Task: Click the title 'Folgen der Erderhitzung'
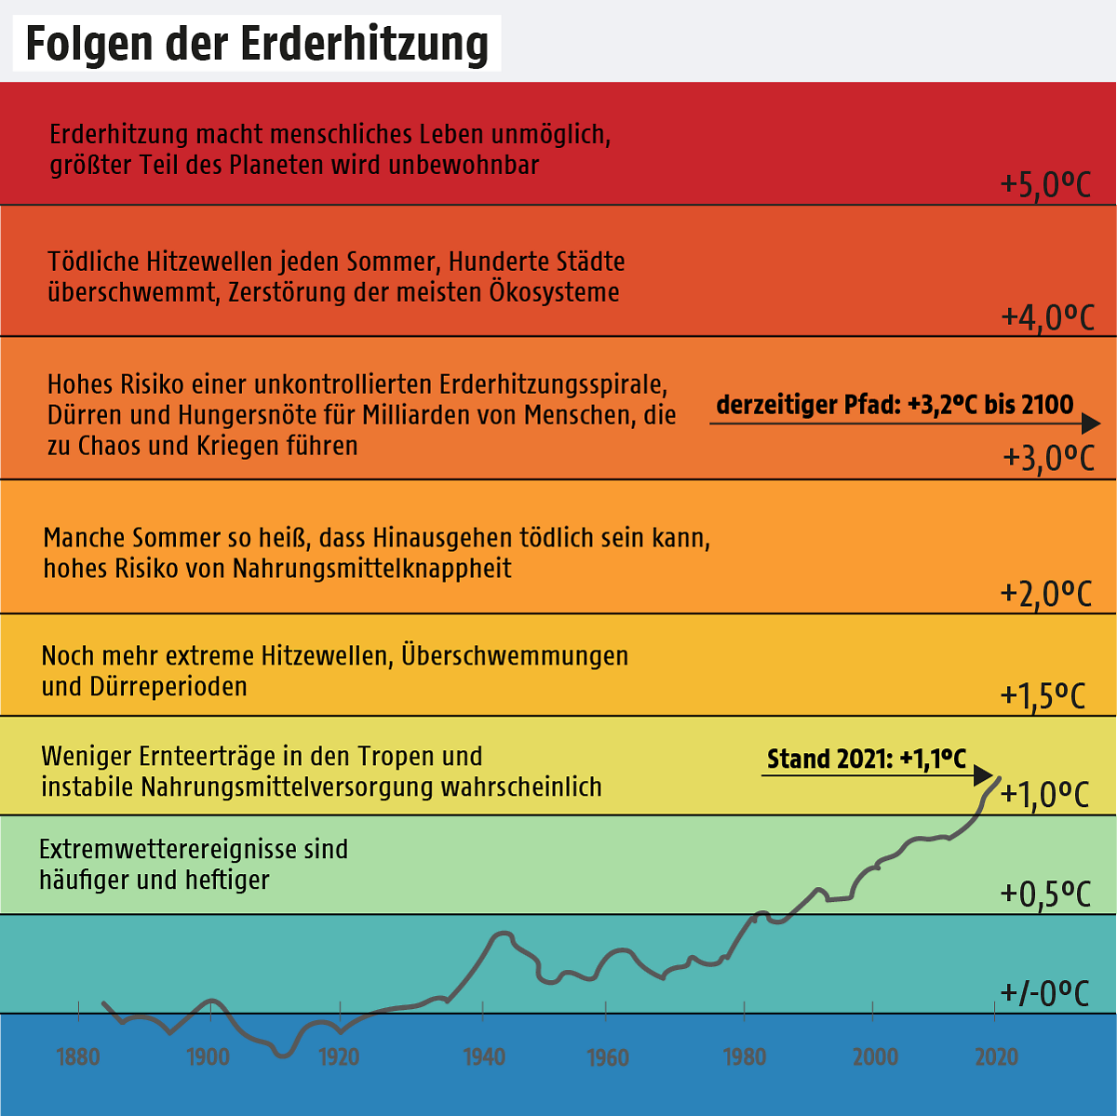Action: pos(256,44)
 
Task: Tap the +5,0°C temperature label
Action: pos(1045,185)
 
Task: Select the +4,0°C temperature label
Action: pos(1047,317)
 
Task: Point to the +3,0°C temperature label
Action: pos(1048,458)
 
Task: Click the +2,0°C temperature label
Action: pos(1045,593)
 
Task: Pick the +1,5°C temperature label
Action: pos(1043,696)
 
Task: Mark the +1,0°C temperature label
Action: pos(1044,795)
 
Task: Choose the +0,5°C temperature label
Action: pos(1045,894)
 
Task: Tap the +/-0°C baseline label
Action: pos(1044,993)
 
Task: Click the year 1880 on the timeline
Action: pos(78,1056)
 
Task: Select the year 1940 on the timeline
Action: pos(483,1056)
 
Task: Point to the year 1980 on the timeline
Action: pos(745,1056)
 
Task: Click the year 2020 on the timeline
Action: pos(996,1056)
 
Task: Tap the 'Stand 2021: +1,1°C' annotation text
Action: pos(867,760)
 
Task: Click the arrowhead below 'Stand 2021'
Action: pos(984,774)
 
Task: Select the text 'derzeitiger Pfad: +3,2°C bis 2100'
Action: pos(895,406)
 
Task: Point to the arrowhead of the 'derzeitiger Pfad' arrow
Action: pos(1090,424)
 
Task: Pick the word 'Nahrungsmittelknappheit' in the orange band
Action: pos(371,568)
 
